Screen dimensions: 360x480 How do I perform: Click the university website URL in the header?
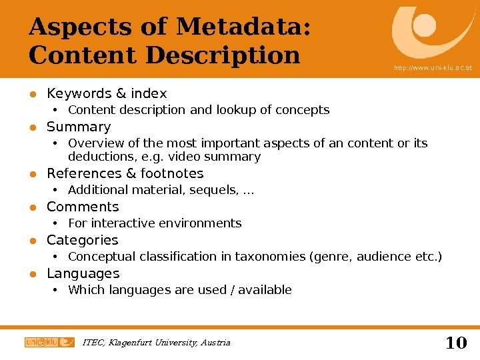click(433, 67)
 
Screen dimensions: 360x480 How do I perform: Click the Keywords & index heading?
click(107, 93)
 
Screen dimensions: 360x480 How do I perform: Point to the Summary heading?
click(79, 127)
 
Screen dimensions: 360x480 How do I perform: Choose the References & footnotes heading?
click(125, 173)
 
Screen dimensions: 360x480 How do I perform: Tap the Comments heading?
click(83, 207)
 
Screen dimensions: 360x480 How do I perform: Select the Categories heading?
click(82, 240)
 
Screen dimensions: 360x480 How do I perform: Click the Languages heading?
click(83, 273)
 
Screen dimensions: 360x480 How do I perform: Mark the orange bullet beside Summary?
click(31, 127)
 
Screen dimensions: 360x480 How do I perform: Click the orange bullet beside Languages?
click(31, 274)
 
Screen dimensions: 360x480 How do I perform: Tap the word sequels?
click(215, 191)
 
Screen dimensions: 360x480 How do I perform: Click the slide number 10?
click(456, 343)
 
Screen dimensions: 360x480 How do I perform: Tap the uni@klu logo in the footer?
click(49, 342)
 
